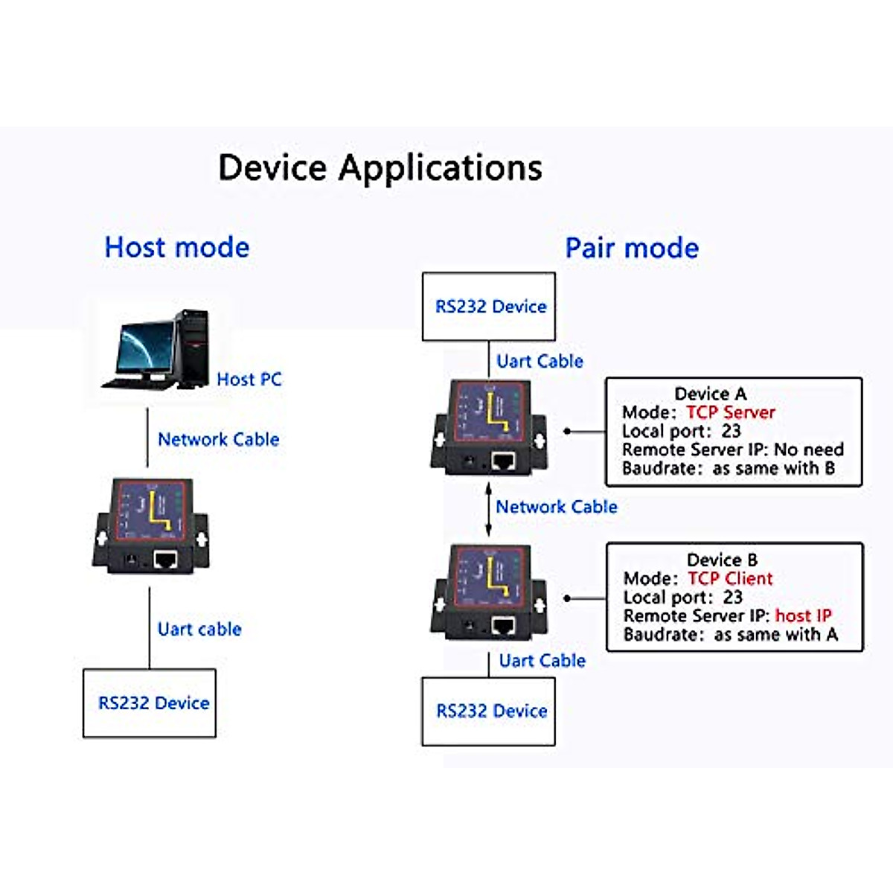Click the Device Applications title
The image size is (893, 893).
[380, 167]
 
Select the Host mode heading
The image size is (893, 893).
[177, 247]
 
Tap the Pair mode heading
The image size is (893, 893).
[632, 248]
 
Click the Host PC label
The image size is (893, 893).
[249, 380]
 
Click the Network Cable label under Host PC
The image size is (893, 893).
[218, 440]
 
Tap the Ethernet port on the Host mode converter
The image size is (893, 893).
[164, 559]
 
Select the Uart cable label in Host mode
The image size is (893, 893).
[199, 630]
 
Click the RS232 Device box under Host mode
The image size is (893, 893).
[150, 703]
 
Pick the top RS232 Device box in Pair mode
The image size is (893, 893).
[489, 307]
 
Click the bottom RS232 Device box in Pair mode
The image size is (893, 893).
[489, 711]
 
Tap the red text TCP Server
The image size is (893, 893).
[730, 412]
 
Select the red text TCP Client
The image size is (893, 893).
[730, 578]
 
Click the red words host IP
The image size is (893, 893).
[803, 615]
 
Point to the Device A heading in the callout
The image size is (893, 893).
[710, 394]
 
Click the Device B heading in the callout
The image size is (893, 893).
[722, 560]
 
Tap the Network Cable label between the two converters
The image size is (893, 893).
[557, 507]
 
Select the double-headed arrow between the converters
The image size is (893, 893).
[489, 509]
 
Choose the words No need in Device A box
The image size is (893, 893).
[809, 449]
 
